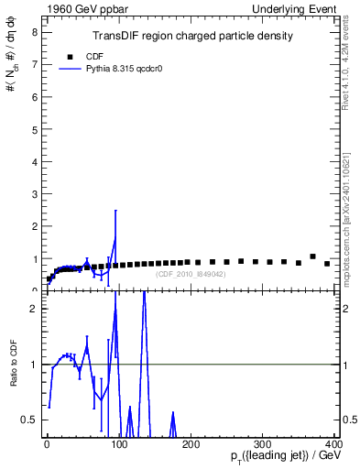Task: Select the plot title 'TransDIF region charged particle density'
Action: (x=192, y=37)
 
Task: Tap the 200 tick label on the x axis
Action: (x=191, y=444)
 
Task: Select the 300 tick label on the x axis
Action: (x=262, y=444)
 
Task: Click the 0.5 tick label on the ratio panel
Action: (x=30, y=420)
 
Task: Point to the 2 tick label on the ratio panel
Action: (x=35, y=309)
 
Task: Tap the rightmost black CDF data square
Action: (x=327, y=264)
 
